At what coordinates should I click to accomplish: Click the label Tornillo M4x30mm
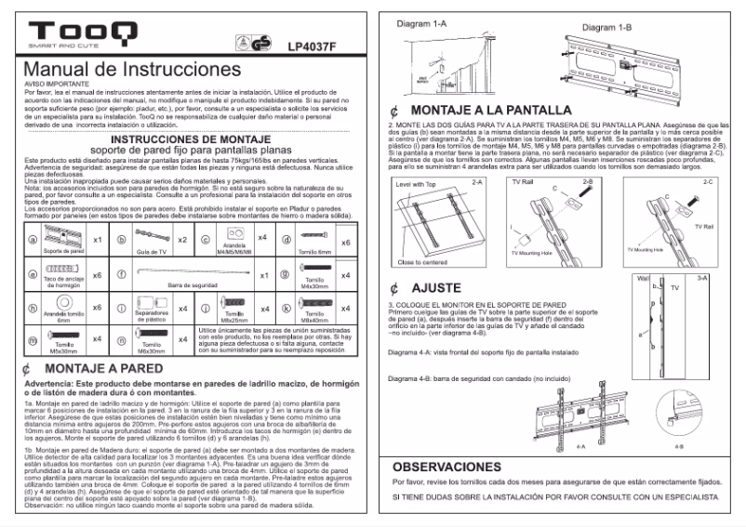point(313,283)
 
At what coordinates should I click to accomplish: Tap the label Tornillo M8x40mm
point(313,319)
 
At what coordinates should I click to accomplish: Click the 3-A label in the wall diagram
point(702,278)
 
